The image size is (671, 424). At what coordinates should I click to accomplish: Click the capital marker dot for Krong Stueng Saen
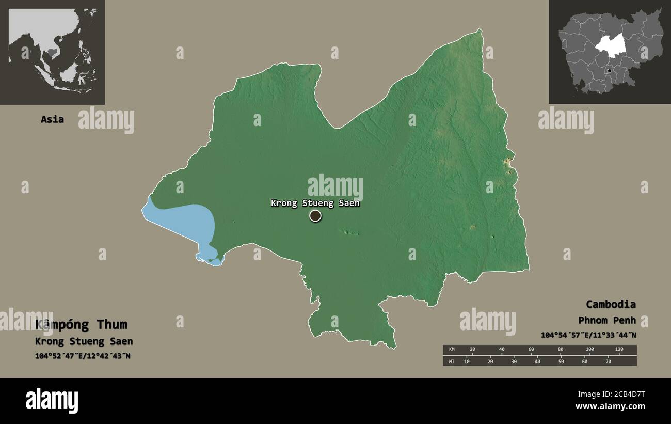tap(315, 216)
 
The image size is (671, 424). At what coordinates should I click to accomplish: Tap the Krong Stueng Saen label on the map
tap(315, 203)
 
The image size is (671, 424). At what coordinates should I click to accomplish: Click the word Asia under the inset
tap(52, 119)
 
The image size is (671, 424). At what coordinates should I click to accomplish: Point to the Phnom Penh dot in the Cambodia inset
tap(610, 71)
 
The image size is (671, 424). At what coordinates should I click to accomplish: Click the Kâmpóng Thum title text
tap(81, 325)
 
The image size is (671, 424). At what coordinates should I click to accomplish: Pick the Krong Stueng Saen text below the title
tap(84, 341)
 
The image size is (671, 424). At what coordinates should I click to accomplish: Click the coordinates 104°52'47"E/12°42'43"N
tap(83, 356)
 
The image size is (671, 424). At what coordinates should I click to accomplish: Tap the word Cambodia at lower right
tap(611, 304)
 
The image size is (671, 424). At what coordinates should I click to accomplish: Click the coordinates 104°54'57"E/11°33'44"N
tap(588, 335)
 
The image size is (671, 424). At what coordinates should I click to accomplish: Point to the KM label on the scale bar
tap(452, 350)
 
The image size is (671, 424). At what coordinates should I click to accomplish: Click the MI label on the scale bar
tap(452, 361)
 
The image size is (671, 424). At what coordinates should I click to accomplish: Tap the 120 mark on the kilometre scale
tap(619, 350)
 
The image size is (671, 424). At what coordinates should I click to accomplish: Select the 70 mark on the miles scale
tap(608, 361)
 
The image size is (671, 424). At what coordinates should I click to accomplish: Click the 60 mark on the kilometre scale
tap(531, 350)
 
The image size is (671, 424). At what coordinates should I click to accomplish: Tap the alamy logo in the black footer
tap(52, 401)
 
